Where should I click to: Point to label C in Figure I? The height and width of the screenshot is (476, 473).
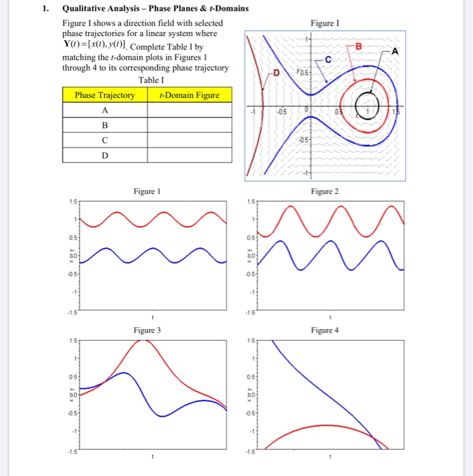coord(328,61)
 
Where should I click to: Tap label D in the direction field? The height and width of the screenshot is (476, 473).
coord(276,73)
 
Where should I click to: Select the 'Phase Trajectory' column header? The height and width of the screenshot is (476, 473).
coord(105,95)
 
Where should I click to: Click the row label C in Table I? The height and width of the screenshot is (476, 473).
coord(105,140)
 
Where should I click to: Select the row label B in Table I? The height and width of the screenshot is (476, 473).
coord(105,125)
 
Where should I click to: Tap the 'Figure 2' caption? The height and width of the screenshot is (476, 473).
coord(323,192)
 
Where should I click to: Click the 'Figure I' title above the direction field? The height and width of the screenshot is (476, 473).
coord(323,22)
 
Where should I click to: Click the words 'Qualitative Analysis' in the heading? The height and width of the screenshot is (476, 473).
coord(104,9)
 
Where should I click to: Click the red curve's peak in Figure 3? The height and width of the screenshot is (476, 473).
coord(143,340)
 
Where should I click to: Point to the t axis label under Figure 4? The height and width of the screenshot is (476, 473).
coord(330,456)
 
